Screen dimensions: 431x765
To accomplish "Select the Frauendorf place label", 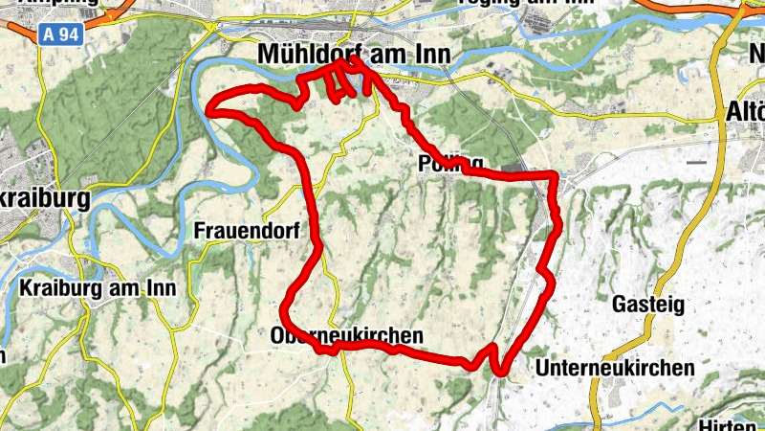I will [247, 231].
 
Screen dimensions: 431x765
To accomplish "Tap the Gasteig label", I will [648, 305].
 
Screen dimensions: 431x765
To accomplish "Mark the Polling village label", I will [450, 163].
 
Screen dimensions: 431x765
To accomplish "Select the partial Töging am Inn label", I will [508, 4].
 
